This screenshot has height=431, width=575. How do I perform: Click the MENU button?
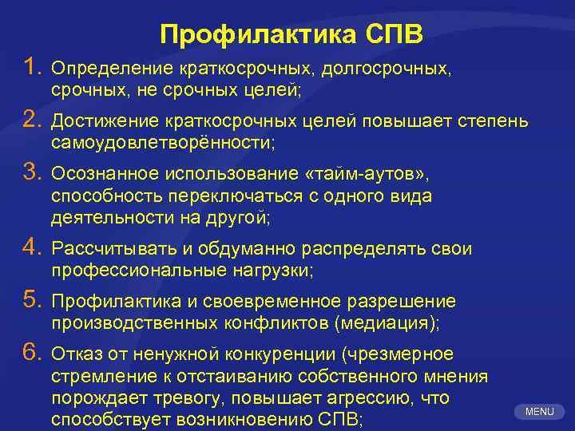(540, 412)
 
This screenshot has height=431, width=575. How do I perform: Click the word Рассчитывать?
(104, 250)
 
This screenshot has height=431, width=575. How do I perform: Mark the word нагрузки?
(272, 271)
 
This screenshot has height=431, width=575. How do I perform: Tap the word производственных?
(132, 323)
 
